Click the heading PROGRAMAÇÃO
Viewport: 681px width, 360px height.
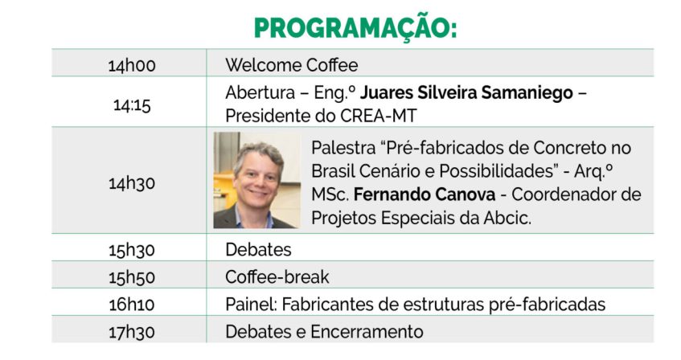pos(355,29)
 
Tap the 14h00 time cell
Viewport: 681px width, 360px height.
pos(132,66)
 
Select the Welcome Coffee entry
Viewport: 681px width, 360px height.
pos(291,65)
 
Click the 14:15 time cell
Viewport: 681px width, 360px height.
pos(132,105)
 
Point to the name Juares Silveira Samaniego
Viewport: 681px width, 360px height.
pos(466,92)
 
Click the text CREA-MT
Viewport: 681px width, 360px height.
pos(378,116)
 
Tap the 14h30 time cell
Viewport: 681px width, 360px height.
pos(132,183)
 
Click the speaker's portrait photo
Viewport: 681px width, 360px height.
pos(256,180)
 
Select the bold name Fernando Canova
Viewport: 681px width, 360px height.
pos(425,194)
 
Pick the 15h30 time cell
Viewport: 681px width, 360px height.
pos(132,250)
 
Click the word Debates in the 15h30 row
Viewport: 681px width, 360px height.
pos(258,250)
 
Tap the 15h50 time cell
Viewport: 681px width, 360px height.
pos(132,277)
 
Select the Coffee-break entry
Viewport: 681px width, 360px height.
pos(277,277)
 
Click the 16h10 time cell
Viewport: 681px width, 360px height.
pos(132,305)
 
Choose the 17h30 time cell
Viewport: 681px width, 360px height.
pos(132,332)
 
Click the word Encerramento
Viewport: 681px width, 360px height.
pos(367,332)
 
